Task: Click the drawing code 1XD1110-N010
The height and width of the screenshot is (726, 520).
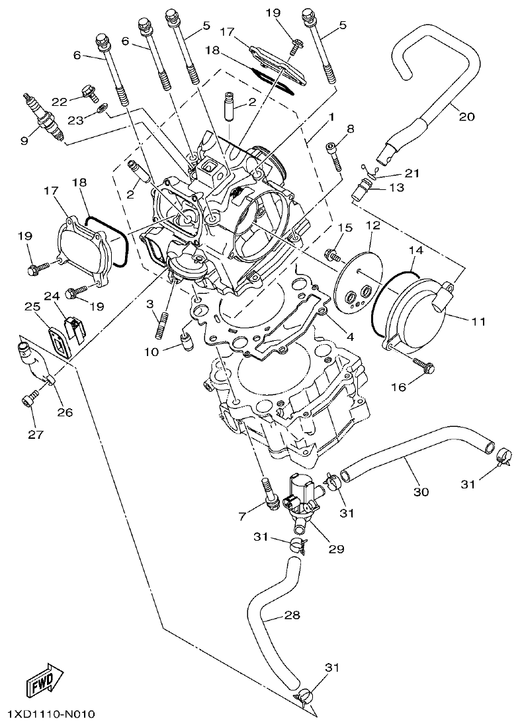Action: point(52,715)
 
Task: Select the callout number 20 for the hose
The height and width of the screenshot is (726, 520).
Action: point(466,116)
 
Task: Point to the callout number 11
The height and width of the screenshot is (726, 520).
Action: point(479,322)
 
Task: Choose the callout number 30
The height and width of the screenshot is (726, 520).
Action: point(421,492)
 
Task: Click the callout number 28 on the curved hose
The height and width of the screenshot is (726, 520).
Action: point(292,615)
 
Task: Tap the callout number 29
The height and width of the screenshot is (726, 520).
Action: point(335,549)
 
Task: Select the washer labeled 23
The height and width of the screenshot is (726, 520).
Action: point(101,108)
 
